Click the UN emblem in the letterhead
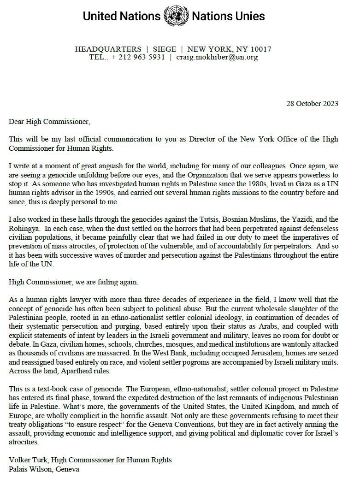pos(176,16)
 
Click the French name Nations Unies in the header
pos(228,17)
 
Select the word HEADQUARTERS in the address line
pos(108,49)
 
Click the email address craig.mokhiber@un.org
pos(217,58)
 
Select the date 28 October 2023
pos(312,103)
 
